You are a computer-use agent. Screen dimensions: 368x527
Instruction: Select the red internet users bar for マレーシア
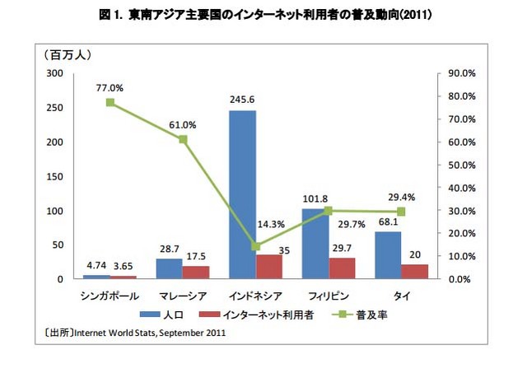coord(196,273)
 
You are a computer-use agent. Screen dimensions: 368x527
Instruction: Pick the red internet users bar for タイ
coord(413,272)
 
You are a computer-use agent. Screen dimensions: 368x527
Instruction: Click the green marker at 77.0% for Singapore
coord(110,103)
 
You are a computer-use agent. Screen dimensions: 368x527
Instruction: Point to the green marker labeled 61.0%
coord(183,139)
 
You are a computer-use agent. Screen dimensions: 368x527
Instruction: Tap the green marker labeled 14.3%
coord(255,246)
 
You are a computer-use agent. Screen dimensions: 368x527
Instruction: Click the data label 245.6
coord(243,100)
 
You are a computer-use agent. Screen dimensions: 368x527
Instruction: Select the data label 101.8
coord(315,198)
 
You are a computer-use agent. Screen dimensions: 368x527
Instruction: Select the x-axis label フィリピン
coord(328,294)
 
